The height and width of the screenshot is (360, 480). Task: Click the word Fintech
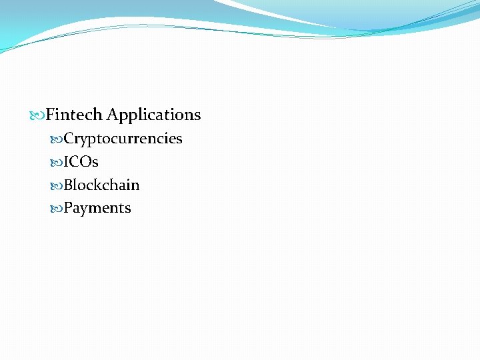(x=74, y=115)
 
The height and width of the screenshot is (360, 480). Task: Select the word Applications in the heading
(x=153, y=115)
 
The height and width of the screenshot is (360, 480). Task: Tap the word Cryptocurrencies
(x=123, y=139)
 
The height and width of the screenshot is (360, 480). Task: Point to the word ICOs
(x=81, y=162)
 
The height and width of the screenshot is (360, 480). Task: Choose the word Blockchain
(x=101, y=185)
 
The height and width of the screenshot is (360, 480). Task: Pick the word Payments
(x=97, y=209)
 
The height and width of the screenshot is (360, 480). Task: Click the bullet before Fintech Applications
(x=38, y=115)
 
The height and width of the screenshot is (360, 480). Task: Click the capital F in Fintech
(x=50, y=115)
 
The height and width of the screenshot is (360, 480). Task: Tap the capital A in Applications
(x=112, y=115)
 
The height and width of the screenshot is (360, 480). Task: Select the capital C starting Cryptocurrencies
(x=69, y=139)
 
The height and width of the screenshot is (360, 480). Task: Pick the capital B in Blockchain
(x=68, y=185)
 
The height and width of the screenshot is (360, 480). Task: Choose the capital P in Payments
(x=68, y=208)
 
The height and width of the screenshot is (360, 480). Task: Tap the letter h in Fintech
(x=97, y=115)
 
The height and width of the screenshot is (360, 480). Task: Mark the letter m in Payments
(x=95, y=209)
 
